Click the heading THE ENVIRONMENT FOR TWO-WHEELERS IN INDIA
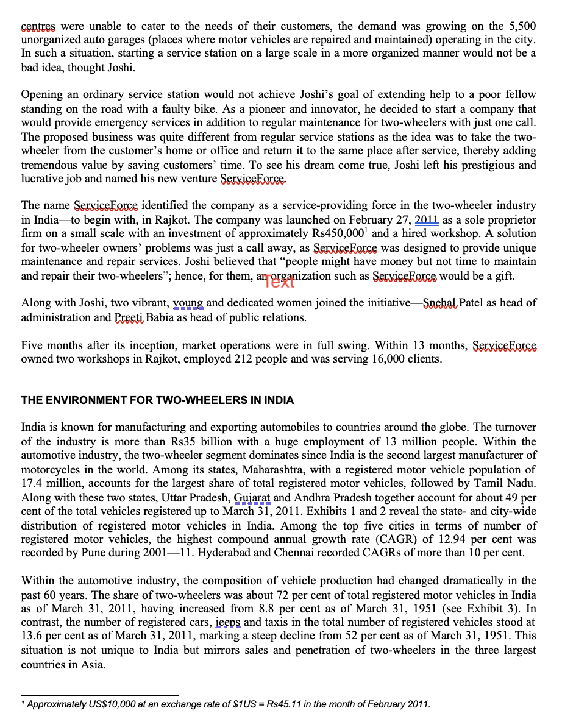(x=157, y=400)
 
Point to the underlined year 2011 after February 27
(x=427, y=220)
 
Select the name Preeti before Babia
(x=129, y=317)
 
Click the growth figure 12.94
(x=453, y=539)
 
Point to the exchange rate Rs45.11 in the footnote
(x=287, y=704)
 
